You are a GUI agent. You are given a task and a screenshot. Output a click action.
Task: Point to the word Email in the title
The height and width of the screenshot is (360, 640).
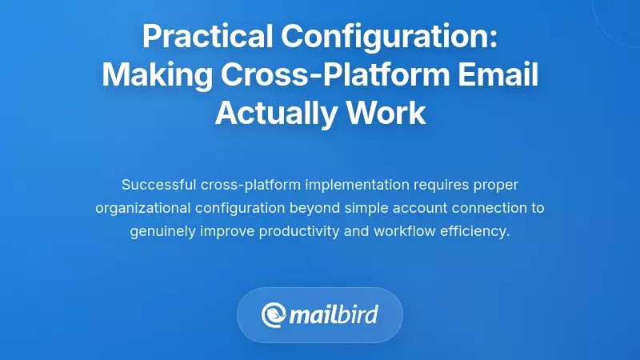(497, 75)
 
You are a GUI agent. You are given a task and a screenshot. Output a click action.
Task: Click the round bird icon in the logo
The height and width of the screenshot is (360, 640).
(274, 314)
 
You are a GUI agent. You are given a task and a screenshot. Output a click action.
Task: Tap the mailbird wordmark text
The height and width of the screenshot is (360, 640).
(334, 314)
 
